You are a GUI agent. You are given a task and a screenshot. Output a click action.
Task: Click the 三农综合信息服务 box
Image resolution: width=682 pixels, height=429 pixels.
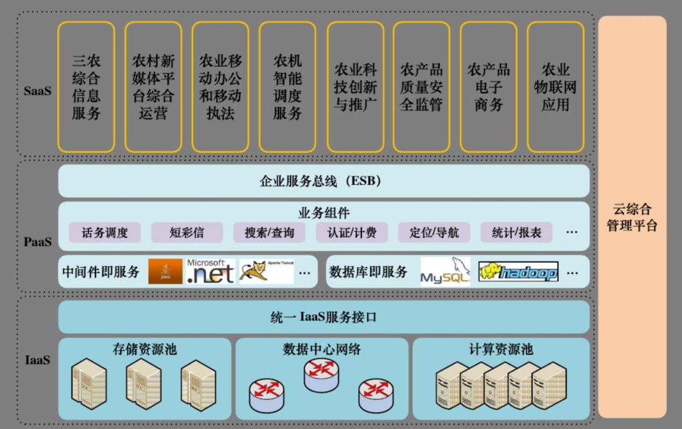pyautogui.click(x=86, y=87)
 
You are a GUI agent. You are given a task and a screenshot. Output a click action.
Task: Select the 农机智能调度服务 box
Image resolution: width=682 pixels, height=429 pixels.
pyautogui.click(x=287, y=87)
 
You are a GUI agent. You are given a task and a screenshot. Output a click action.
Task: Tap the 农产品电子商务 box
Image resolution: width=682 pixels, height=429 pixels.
pyautogui.click(x=489, y=87)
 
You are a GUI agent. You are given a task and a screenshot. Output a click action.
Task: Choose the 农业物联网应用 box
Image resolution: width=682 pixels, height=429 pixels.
pyautogui.click(x=556, y=87)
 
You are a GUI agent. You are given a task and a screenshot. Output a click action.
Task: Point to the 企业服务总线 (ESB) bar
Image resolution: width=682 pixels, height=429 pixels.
pyautogui.click(x=323, y=181)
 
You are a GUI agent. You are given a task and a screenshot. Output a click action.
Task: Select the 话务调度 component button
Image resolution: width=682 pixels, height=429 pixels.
pyautogui.click(x=105, y=232)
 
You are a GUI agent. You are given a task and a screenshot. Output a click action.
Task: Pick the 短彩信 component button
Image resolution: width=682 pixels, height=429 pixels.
pyautogui.click(x=187, y=232)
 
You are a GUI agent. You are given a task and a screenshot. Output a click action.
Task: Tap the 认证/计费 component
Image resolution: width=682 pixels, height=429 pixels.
pyautogui.click(x=352, y=232)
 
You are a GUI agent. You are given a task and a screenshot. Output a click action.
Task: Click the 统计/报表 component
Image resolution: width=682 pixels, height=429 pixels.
pyautogui.click(x=517, y=232)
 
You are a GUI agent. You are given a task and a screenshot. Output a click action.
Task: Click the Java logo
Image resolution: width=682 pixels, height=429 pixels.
pyautogui.click(x=165, y=272)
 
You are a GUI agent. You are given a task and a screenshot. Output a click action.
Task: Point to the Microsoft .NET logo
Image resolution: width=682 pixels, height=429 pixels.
pyautogui.click(x=211, y=272)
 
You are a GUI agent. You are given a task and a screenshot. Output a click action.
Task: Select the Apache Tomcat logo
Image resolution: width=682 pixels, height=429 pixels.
pyautogui.click(x=266, y=272)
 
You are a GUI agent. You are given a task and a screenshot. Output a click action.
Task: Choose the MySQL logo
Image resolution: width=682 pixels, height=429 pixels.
pyautogui.click(x=445, y=272)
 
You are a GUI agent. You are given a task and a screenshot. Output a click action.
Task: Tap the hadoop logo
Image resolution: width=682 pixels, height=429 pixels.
pyautogui.click(x=518, y=272)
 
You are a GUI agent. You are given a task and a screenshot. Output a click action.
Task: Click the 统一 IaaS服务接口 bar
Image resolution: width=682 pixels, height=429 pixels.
pyautogui.click(x=323, y=317)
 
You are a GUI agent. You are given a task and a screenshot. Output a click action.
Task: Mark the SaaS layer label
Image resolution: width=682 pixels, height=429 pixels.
pyautogui.click(x=37, y=91)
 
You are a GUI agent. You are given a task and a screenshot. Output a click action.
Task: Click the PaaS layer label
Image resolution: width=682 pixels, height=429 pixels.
pyautogui.click(x=37, y=242)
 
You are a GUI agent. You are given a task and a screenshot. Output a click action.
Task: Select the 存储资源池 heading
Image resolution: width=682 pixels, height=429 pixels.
pyautogui.click(x=145, y=349)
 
